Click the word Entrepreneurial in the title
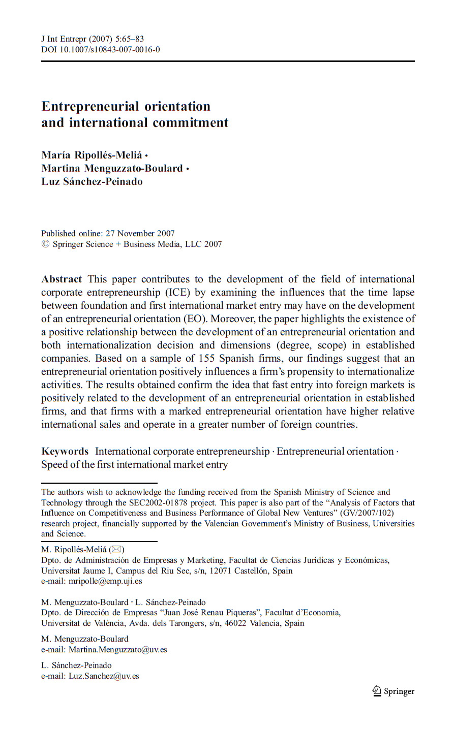pyautogui.click(x=90, y=107)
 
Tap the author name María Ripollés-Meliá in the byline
pyautogui.click(x=92, y=155)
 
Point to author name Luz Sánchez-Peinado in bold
pyautogui.click(x=92, y=182)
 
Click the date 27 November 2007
pyautogui.click(x=140, y=234)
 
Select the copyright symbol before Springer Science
pyautogui.click(x=45, y=244)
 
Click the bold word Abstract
pyautogui.click(x=62, y=279)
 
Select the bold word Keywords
pyautogui.click(x=65, y=452)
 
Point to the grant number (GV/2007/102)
pyautogui.click(x=368, y=513)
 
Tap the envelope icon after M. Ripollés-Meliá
pyautogui.click(x=116, y=549)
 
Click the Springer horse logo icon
pyautogui.click(x=377, y=690)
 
